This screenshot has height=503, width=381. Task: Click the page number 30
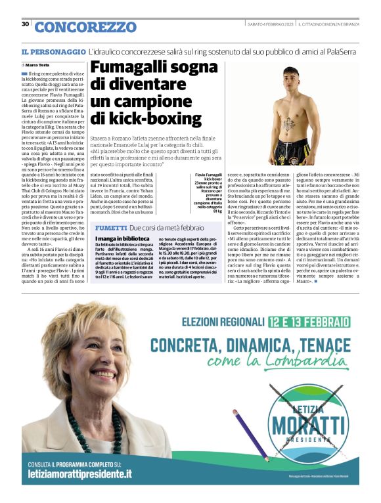click(x=25, y=24)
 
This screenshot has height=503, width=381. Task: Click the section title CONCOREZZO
click(x=76, y=27)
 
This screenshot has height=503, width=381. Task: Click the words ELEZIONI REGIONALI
click(x=224, y=322)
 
